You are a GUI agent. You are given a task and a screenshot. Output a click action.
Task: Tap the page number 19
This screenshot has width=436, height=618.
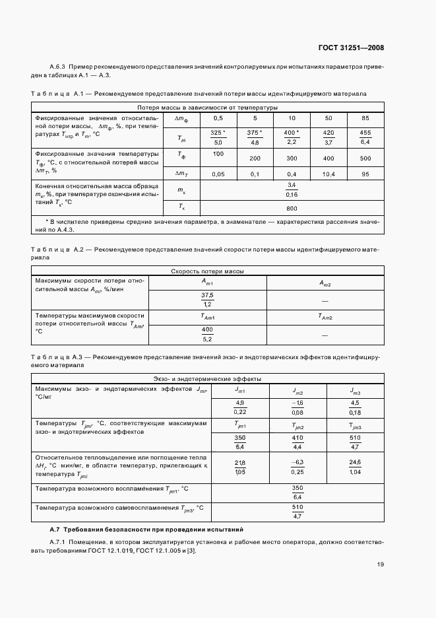tap(381, 564)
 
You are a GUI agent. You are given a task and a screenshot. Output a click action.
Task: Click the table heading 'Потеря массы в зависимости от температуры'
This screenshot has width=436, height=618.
tap(207, 107)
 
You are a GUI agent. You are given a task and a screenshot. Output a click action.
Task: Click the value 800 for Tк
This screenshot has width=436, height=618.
tap(291, 207)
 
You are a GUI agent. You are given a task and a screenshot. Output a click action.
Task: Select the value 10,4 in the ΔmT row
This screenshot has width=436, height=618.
tap(328, 174)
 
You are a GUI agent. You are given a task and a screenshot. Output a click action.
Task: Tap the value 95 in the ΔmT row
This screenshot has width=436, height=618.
tap(365, 174)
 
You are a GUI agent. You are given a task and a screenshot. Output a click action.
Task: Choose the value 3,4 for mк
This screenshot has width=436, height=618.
tap(291, 186)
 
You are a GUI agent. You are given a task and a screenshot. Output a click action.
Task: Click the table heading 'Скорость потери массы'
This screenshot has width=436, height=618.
tap(207, 271)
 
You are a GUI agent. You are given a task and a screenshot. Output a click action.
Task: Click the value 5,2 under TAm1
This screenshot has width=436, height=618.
tap(207, 339)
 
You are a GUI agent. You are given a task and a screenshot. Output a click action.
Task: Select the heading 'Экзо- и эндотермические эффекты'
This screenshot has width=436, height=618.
tap(207, 379)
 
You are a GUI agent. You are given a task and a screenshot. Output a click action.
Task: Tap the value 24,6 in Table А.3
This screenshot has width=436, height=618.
tap(355, 462)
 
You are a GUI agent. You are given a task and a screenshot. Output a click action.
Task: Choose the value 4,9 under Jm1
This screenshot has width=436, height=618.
tap(239, 402)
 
